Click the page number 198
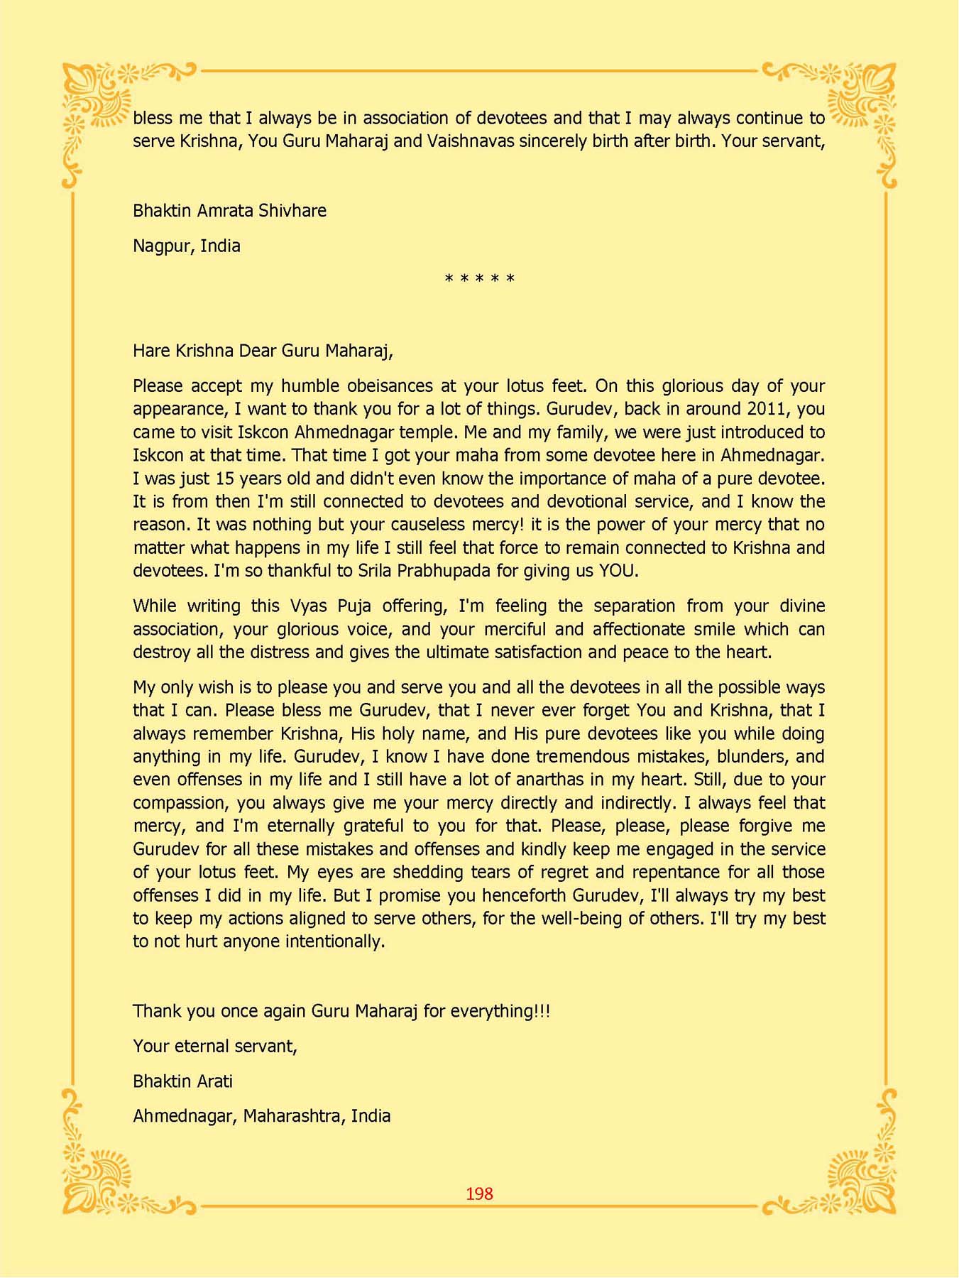pyautogui.click(x=479, y=1194)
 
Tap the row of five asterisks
pyautogui.click(x=479, y=278)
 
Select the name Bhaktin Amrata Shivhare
pyautogui.click(x=229, y=211)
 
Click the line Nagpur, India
pyautogui.click(x=186, y=246)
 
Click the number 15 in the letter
pyautogui.click(x=224, y=479)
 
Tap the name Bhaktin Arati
pyautogui.click(x=182, y=1081)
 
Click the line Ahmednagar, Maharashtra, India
pyautogui.click(x=261, y=1116)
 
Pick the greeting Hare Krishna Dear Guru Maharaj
pyautogui.click(x=263, y=351)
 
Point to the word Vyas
pyautogui.click(x=308, y=606)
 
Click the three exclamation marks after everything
pyautogui.click(x=543, y=1011)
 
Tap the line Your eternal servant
pyautogui.click(x=214, y=1047)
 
